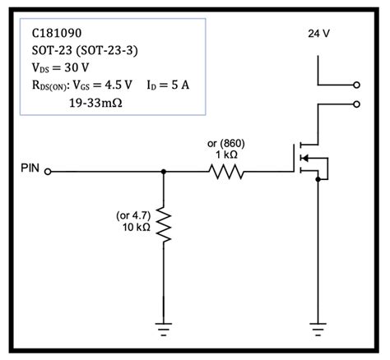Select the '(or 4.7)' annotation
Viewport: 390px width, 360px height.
[x=132, y=215]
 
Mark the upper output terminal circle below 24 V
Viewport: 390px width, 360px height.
[x=355, y=84]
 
